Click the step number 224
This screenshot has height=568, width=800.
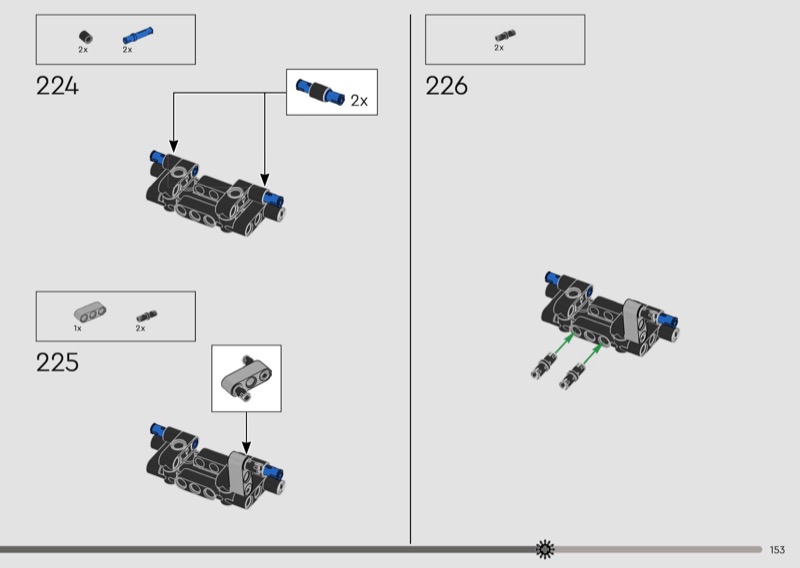click(x=57, y=86)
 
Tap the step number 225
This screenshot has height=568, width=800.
click(x=57, y=362)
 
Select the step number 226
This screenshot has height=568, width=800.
click(x=446, y=86)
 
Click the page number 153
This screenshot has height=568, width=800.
click(x=777, y=550)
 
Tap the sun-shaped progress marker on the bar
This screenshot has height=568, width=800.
click(x=545, y=549)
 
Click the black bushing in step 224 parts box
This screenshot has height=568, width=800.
click(x=86, y=37)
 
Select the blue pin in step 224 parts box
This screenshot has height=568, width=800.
click(x=137, y=35)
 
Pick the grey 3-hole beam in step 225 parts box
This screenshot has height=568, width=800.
click(x=90, y=311)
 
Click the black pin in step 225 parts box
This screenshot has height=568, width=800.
click(x=147, y=316)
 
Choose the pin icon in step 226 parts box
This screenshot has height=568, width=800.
click(x=505, y=35)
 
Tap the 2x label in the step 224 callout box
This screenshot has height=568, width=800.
click(x=359, y=101)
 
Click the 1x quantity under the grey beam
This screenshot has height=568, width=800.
click(x=78, y=328)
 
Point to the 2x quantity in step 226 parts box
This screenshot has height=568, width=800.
click(x=498, y=47)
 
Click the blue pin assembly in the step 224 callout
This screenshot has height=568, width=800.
click(x=320, y=92)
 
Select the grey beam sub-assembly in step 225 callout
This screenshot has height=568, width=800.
click(x=246, y=378)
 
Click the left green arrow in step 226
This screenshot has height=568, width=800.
click(x=563, y=343)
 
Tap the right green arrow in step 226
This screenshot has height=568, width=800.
click(x=591, y=353)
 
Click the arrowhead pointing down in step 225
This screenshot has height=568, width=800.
click(x=246, y=448)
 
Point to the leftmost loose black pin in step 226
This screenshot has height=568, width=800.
click(x=542, y=365)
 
